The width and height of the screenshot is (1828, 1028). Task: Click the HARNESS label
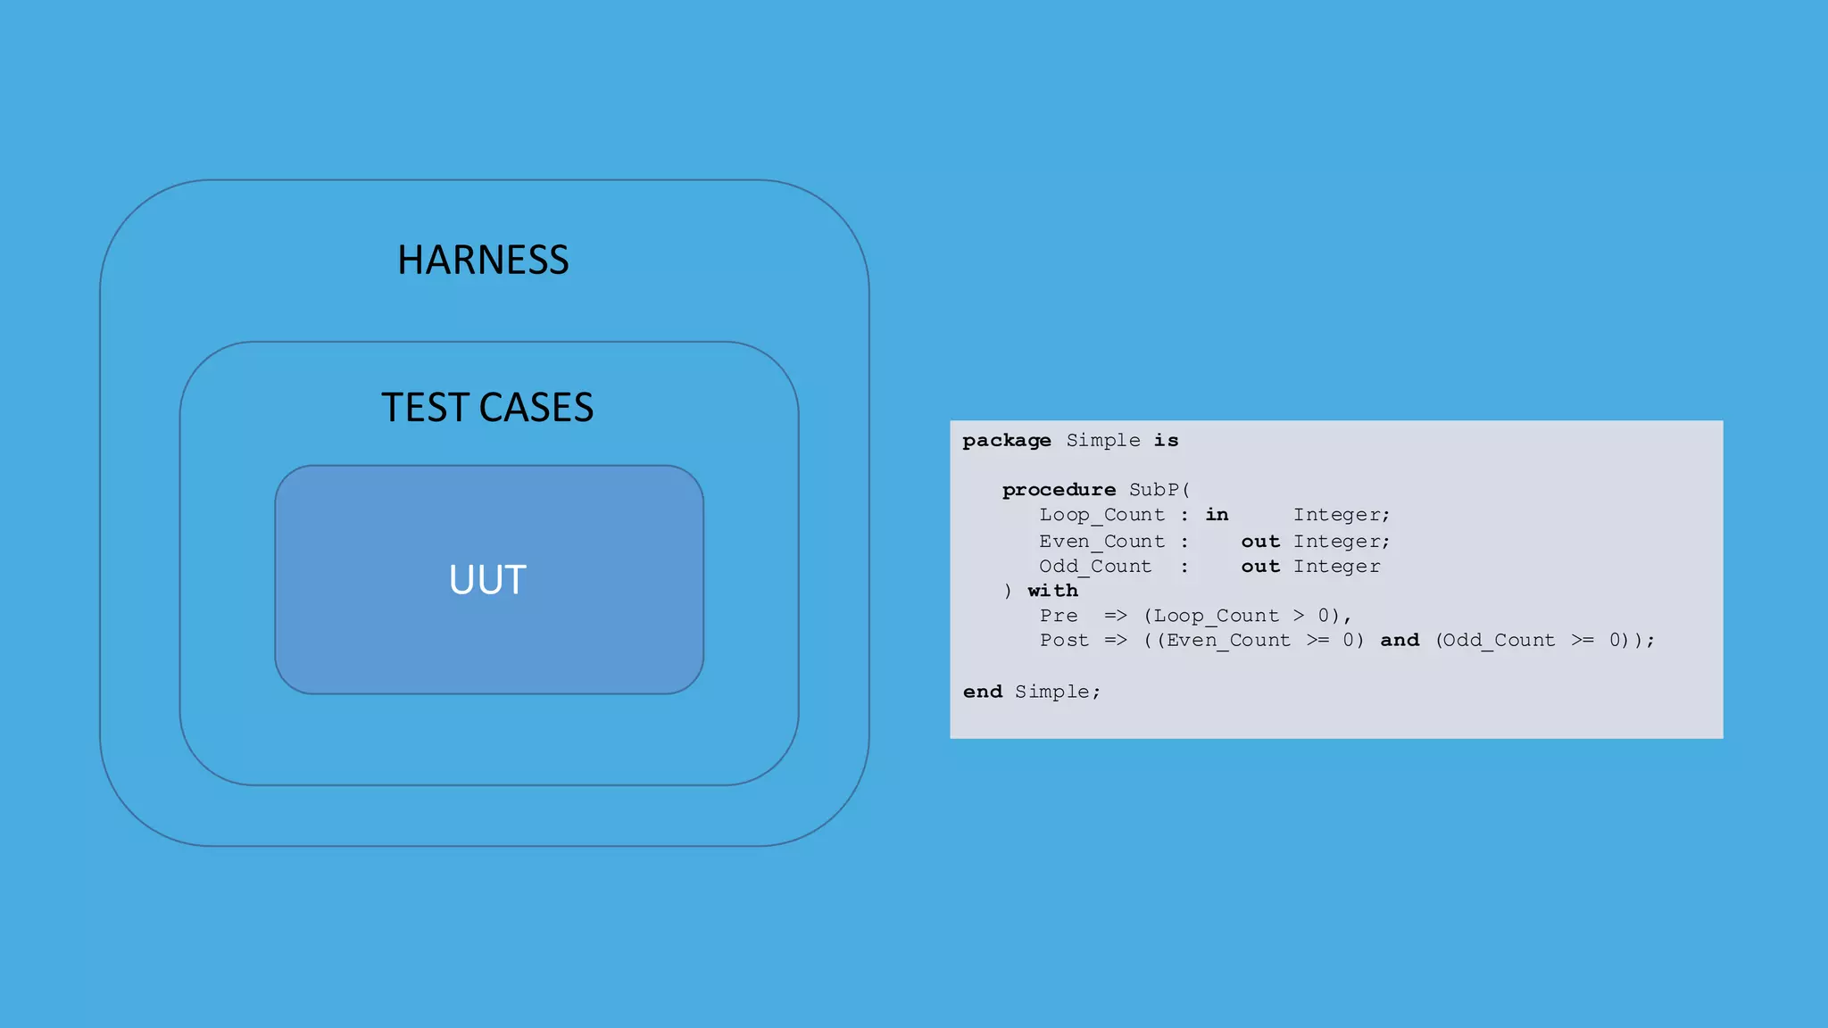click(483, 261)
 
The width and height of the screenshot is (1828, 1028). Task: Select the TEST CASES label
click(487, 408)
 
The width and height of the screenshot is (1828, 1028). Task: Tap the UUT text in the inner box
click(487, 580)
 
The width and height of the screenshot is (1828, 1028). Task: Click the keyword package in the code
click(1007, 441)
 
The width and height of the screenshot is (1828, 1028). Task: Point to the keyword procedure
click(1059, 490)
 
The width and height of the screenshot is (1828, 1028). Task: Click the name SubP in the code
click(1154, 490)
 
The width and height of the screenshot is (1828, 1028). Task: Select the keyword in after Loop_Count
click(1217, 515)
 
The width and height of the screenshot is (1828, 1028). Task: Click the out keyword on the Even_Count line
click(1260, 542)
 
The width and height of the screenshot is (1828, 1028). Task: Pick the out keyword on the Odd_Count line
click(1260, 567)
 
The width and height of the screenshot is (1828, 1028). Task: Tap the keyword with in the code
click(1052, 591)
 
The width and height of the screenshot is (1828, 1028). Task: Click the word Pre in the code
click(1059, 616)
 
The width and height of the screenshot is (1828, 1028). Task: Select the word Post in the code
click(1064, 641)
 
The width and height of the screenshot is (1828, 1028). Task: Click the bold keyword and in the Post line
click(1400, 641)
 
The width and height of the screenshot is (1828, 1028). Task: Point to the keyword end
click(983, 692)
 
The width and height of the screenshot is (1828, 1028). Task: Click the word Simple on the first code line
click(1103, 441)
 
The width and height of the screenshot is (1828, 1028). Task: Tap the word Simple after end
click(1052, 692)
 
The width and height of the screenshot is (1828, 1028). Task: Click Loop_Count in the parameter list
click(1101, 515)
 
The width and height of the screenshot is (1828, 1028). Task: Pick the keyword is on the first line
click(1166, 441)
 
